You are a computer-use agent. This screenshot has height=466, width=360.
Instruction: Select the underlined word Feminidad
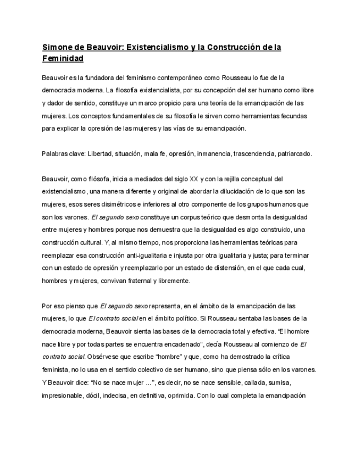(x=63, y=58)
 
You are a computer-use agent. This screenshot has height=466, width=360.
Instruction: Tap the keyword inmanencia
(x=214, y=154)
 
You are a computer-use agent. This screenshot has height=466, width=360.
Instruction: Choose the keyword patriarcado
(x=295, y=154)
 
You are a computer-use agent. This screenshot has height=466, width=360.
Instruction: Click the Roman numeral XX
(x=193, y=179)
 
